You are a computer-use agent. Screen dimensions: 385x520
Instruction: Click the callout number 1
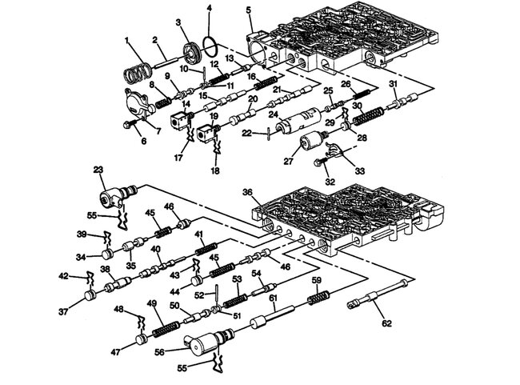[126, 40]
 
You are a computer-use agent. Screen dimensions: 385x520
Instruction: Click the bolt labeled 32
[321, 162]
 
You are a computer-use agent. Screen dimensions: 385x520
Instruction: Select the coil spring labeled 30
[365, 118]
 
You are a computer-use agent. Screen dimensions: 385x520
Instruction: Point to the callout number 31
[393, 84]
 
